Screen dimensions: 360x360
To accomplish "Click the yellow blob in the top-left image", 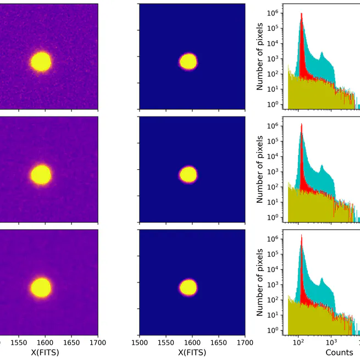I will pyautogui.click(x=41, y=62).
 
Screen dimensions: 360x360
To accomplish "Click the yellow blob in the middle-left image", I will pyautogui.click(x=41, y=175).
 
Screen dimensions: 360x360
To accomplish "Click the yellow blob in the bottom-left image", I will pyautogui.click(x=41, y=287).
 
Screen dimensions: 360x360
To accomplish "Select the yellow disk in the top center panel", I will pyautogui.click(x=189, y=61).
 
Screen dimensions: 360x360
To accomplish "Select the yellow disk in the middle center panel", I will pyautogui.click(x=189, y=175).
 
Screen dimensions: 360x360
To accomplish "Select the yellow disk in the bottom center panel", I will pyautogui.click(x=189, y=287).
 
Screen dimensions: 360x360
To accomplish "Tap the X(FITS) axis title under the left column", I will pyautogui.click(x=45, y=351).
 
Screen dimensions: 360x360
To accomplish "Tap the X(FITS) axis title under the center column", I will pyautogui.click(x=192, y=351).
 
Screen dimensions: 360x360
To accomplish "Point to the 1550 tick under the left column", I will pyautogui.click(x=19, y=341).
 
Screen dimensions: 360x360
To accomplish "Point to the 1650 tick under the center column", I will pyautogui.click(x=219, y=341).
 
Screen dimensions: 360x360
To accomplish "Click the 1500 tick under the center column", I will pyautogui.click(x=140, y=341).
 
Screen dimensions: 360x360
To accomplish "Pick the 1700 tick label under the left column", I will pyautogui.click(x=98, y=341).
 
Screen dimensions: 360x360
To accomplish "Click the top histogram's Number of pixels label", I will pyautogui.click(x=260, y=57).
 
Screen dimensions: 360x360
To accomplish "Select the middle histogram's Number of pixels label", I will pyautogui.click(x=260, y=170).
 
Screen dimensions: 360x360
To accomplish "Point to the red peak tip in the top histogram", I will pyautogui.click(x=302, y=14).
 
